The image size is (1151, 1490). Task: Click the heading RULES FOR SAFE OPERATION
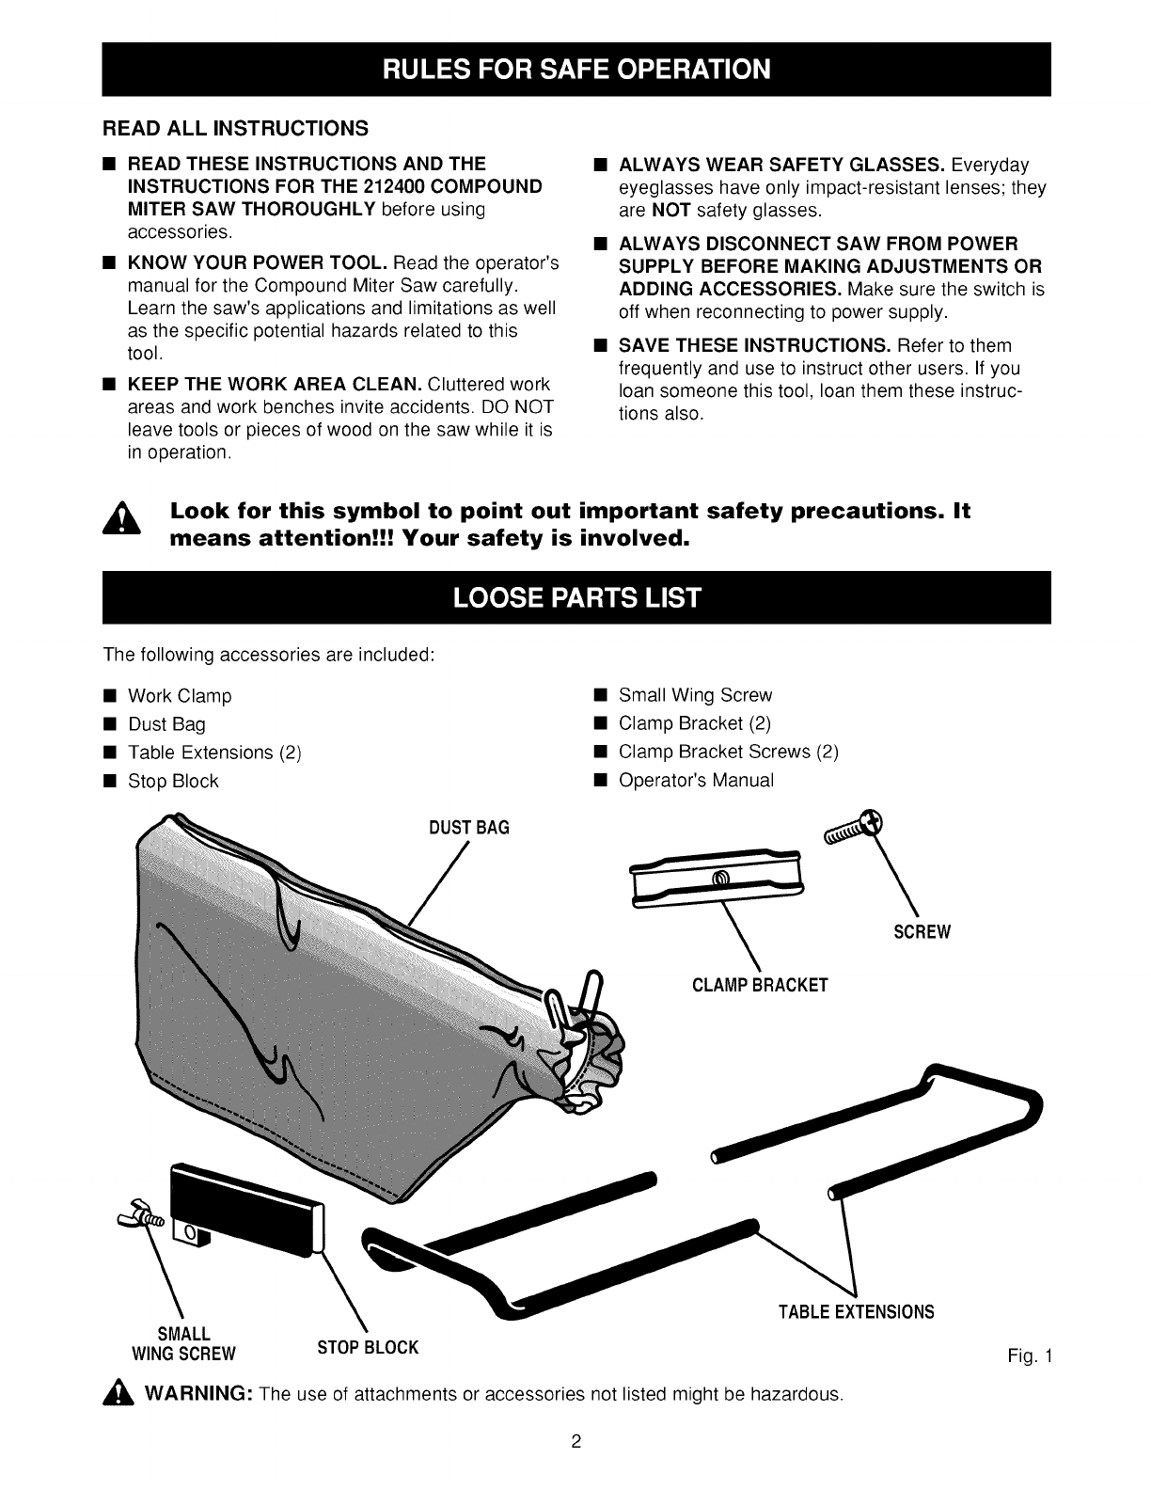[575, 70]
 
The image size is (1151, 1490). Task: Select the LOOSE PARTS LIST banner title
[575, 597]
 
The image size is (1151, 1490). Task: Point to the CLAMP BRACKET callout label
[760, 986]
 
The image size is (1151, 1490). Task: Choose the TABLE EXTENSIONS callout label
[856, 1311]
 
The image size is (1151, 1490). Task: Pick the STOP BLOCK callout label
[368, 1347]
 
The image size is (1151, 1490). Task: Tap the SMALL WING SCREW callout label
[184, 1344]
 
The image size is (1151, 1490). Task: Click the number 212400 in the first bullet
[398, 185]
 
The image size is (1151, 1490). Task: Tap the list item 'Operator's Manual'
[696, 781]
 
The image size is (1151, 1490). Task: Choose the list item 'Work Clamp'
[179, 697]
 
